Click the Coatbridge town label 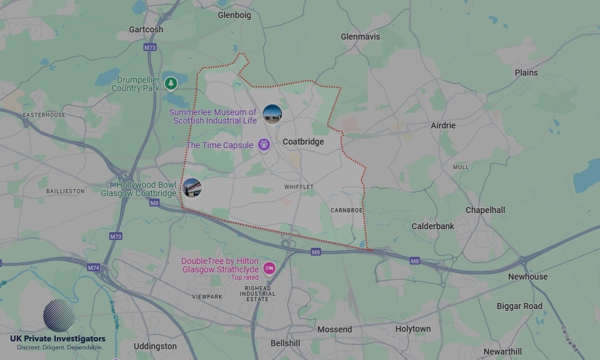pyautogui.click(x=303, y=142)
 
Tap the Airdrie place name pyautogui.click(x=443, y=125)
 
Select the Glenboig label pyautogui.click(x=234, y=15)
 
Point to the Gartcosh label pyautogui.click(x=146, y=29)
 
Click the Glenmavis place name pyautogui.click(x=360, y=37)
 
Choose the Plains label pyautogui.click(x=526, y=73)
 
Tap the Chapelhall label pyautogui.click(x=485, y=210)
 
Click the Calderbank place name pyautogui.click(x=433, y=226)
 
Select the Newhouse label pyautogui.click(x=528, y=277)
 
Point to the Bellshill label pyautogui.click(x=286, y=344)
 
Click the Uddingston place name pyautogui.click(x=155, y=346)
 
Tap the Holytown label pyautogui.click(x=413, y=329)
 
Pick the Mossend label pyautogui.click(x=335, y=329)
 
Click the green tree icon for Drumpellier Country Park pyautogui.click(x=172, y=83)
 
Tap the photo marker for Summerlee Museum pyautogui.click(x=272, y=113)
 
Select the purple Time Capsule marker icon pyautogui.click(x=263, y=145)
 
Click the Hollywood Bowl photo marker pyautogui.click(x=192, y=188)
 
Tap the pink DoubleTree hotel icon pyautogui.click(x=269, y=268)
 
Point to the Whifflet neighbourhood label pyautogui.click(x=299, y=187)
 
